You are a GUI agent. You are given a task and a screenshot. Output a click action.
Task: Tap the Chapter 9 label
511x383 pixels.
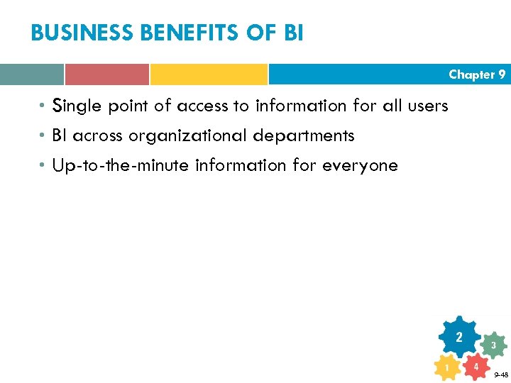pyautogui.click(x=476, y=74)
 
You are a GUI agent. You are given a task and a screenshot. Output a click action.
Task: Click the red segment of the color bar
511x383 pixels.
pyautogui.click(x=106, y=74)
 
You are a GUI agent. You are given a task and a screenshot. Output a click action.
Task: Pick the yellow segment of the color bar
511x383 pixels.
pyautogui.click(x=209, y=74)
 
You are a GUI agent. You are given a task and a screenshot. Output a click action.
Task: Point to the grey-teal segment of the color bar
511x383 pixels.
pyautogui.click(x=31, y=74)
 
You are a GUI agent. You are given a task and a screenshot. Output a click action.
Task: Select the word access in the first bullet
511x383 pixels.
pyautogui.click(x=202, y=106)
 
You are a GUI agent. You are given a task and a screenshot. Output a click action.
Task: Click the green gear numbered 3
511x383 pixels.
pyautogui.click(x=493, y=345)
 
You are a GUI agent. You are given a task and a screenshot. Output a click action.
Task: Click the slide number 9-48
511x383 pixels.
pyautogui.click(x=500, y=374)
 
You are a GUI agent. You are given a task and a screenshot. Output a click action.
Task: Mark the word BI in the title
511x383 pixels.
pyautogui.click(x=293, y=33)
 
